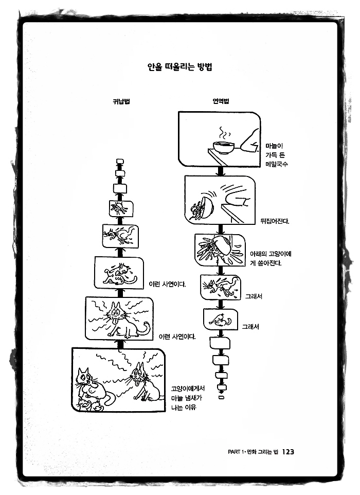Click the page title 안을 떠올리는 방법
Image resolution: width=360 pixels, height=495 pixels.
pos(180,67)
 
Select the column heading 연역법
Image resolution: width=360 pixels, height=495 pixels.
pos(221,101)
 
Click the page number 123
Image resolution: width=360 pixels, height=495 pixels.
pos(287,451)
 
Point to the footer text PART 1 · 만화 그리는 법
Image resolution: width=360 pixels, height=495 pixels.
pos(252,452)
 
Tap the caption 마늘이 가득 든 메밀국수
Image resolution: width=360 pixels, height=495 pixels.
pos(277,155)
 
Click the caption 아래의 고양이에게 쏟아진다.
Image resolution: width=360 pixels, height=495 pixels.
pos(266,259)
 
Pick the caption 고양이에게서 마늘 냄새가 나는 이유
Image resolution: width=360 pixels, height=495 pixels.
pos(188,398)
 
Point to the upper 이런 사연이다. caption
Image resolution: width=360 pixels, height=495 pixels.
pos(167,284)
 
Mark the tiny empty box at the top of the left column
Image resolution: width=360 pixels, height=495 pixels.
pos(120,162)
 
